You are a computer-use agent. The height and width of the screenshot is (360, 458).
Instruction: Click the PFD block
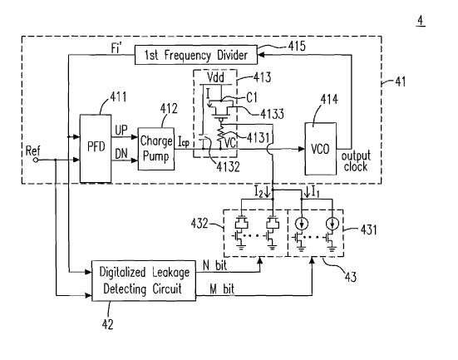pos(96,149)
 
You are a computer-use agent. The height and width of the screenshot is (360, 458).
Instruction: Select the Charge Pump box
pos(156,149)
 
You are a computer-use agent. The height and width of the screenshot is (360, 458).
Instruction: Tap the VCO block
pos(320,149)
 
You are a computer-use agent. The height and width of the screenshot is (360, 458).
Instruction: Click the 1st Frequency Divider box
pos(196,55)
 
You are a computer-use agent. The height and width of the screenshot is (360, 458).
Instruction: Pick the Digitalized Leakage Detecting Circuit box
pos(144,280)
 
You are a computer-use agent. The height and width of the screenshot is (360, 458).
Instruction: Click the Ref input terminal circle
pos(36,160)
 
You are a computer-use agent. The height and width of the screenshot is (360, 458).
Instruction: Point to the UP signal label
pos(121,131)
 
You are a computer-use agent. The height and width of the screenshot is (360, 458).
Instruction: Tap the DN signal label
pos(121,154)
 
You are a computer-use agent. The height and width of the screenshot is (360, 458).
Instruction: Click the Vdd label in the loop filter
pos(215,77)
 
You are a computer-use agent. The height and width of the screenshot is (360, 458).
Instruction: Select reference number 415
pos(297,46)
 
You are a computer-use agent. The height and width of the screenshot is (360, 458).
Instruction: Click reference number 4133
pos(272,114)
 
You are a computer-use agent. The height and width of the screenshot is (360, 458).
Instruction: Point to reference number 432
pos(199,224)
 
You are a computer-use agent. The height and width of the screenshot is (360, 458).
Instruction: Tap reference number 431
pos(368,229)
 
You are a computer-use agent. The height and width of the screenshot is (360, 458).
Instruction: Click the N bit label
pos(214,265)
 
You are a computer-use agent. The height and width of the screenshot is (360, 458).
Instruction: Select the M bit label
pos(222,289)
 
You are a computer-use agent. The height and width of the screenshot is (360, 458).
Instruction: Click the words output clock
pos(356,161)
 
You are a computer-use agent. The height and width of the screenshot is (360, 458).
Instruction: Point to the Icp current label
pos(184,142)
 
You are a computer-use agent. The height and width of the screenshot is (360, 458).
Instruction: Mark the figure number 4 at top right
pos(421,21)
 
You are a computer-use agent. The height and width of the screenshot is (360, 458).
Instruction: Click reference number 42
pos(107,324)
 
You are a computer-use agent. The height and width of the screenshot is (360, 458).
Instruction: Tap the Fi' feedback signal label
pos(116,48)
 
